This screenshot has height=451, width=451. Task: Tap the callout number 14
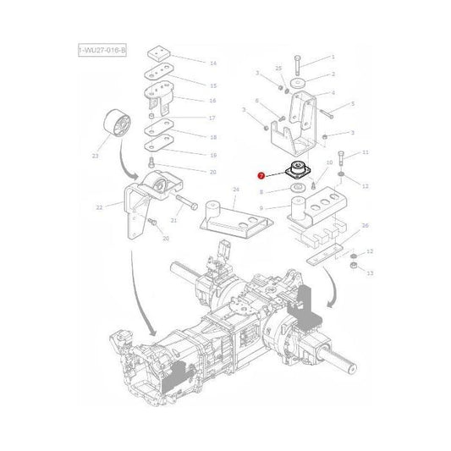click(x=212, y=63)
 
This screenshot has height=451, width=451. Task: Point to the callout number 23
click(x=95, y=155)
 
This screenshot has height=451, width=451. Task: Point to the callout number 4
click(x=333, y=93)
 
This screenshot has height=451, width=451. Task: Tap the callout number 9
click(x=262, y=206)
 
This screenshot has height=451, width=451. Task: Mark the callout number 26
click(x=365, y=225)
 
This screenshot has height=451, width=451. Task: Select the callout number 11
click(x=366, y=153)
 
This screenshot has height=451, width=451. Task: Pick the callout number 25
click(x=278, y=67)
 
